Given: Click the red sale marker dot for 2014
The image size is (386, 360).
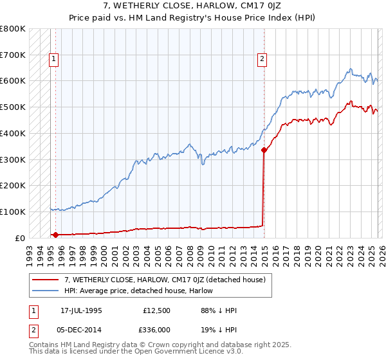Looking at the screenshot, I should click(x=264, y=150).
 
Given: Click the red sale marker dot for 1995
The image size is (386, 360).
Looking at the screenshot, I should click(x=55, y=235).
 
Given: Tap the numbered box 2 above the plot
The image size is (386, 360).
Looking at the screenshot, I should click(x=262, y=59).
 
